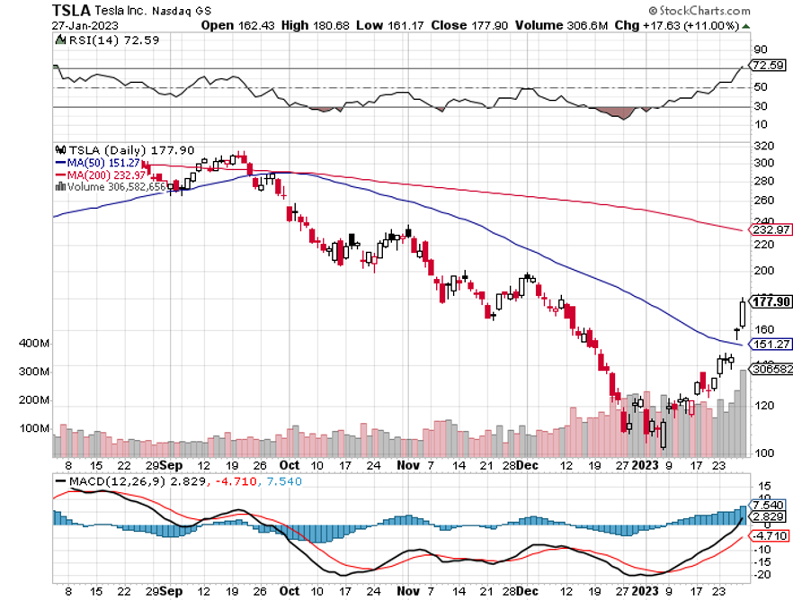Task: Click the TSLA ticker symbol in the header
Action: (72, 10)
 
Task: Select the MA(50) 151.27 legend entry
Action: (106, 163)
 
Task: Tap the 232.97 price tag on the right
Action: (769, 231)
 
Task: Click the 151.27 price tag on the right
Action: (769, 344)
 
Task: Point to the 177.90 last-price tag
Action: (771, 301)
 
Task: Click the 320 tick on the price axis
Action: (762, 145)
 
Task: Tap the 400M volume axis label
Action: (32, 344)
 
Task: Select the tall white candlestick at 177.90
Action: (743, 313)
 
